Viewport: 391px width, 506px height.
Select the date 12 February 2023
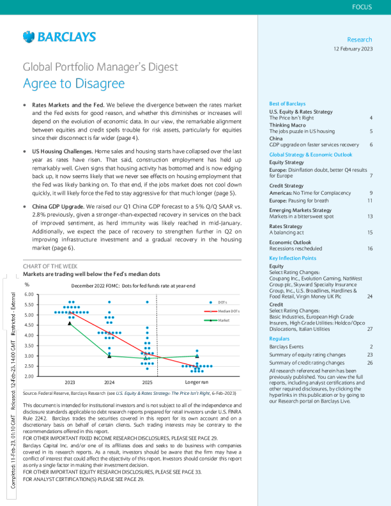coord(354,49)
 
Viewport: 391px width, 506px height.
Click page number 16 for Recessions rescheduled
coord(370,248)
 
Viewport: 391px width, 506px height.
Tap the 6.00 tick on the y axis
coord(29,295)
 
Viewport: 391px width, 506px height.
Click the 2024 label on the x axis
coord(109,381)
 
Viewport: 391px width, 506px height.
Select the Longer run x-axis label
coord(197,381)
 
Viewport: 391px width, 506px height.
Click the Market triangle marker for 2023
coord(70,323)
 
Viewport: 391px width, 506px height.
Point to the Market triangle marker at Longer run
coord(197,356)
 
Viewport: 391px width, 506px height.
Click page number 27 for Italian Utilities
coord(370,328)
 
